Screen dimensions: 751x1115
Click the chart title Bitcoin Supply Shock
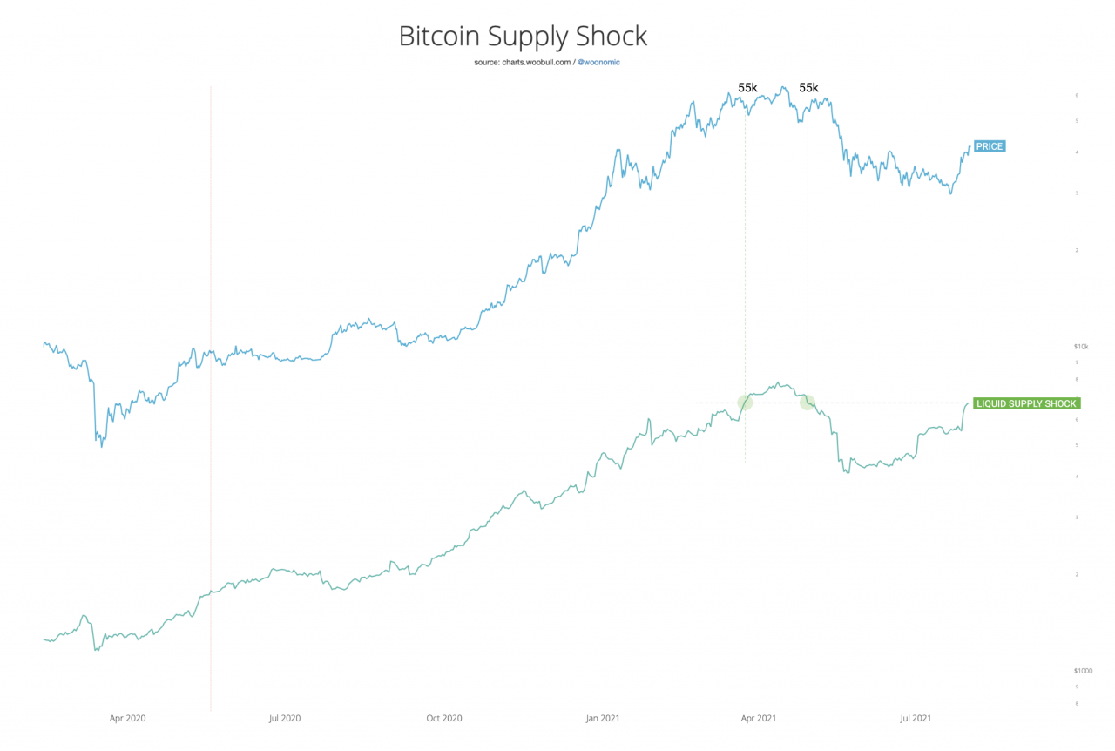point(523,37)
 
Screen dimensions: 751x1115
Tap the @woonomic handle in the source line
point(599,63)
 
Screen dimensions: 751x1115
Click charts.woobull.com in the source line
point(536,63)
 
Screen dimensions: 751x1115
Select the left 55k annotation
point(747,88)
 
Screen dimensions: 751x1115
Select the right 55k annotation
point(808,88)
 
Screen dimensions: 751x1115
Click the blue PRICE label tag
point(989,146)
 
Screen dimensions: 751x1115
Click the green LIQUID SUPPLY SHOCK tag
point(1025,403)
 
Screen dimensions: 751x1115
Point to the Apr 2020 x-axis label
point(127,719)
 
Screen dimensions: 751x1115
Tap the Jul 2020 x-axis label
point(284,719)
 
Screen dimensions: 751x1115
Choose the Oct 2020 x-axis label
point(443,719)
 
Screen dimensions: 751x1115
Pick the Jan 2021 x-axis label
point(603,719)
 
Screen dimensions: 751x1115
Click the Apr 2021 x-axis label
point(758,719)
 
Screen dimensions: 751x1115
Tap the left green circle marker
point(745,403)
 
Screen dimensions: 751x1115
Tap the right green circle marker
point(807,403)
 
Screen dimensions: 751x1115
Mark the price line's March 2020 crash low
point(102,446)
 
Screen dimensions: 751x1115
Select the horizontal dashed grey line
point(871,403)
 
